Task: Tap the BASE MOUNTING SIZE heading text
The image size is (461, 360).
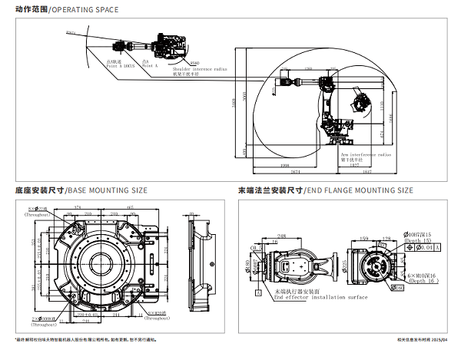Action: click(x=108, y=190)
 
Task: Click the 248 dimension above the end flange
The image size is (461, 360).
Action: click(x=282, y=236)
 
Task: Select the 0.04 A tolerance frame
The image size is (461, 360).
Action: click(x=427, y=249)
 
